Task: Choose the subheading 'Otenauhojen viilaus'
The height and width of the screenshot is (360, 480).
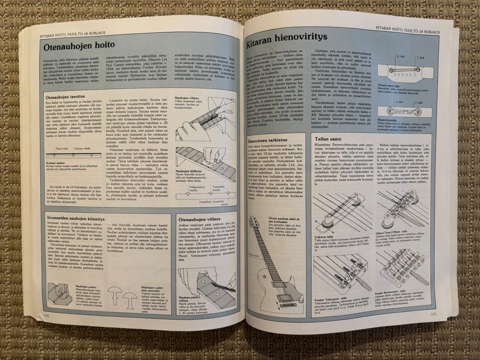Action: pyautogui.click(x=197, y=218)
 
